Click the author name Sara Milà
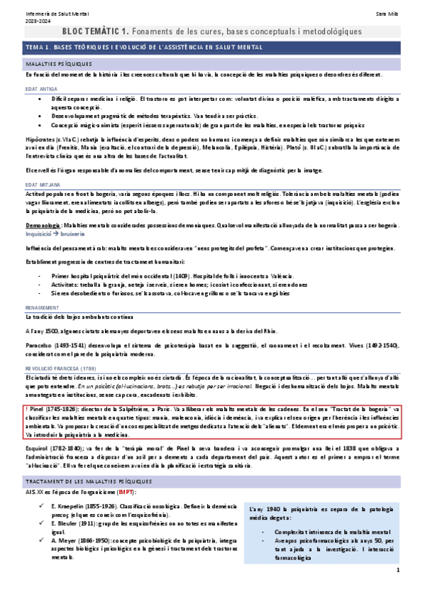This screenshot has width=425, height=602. click(x=389, y=13)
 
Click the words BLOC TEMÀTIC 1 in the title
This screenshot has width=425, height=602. click(x=95, y=32)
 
